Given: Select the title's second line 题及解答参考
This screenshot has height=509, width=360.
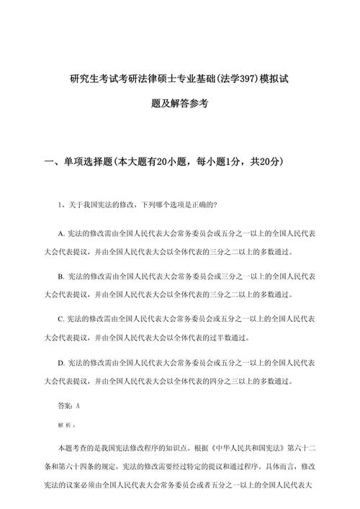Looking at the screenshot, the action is tap(179, 104).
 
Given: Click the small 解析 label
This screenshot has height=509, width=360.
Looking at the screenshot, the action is tap(66, 425).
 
